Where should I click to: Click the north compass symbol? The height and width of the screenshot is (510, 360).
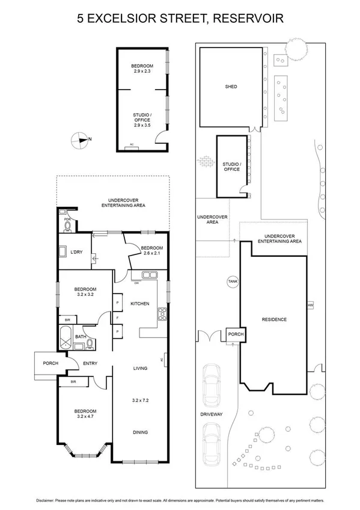(x=79, y=140)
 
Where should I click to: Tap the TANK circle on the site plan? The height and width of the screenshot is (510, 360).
(x=231, y=281)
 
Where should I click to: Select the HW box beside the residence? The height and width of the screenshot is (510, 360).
(x=310, y=306)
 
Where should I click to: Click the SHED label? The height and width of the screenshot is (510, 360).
(x=231, y=87)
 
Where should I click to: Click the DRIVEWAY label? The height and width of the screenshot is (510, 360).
(x=213, y=414)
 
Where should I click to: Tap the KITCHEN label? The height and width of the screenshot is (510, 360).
(x=140, y=304)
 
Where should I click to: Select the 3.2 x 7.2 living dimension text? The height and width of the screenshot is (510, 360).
(x=141, y=399)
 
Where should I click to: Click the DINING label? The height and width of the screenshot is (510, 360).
(x=141, y=432)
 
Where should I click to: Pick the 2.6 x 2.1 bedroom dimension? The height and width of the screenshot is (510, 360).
(x=152, y=253)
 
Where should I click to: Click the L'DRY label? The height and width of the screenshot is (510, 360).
(x=76, y=252)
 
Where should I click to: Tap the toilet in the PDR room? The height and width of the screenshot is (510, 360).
(x=67, y=227)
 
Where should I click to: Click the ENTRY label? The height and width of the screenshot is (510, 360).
(x=90, y=363)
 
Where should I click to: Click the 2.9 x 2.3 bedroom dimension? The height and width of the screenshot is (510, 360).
(x=142, y=72)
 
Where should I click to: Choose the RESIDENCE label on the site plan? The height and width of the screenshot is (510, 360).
(x=273, y=319)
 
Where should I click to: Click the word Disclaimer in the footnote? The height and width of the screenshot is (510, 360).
(x=48, y=500)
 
